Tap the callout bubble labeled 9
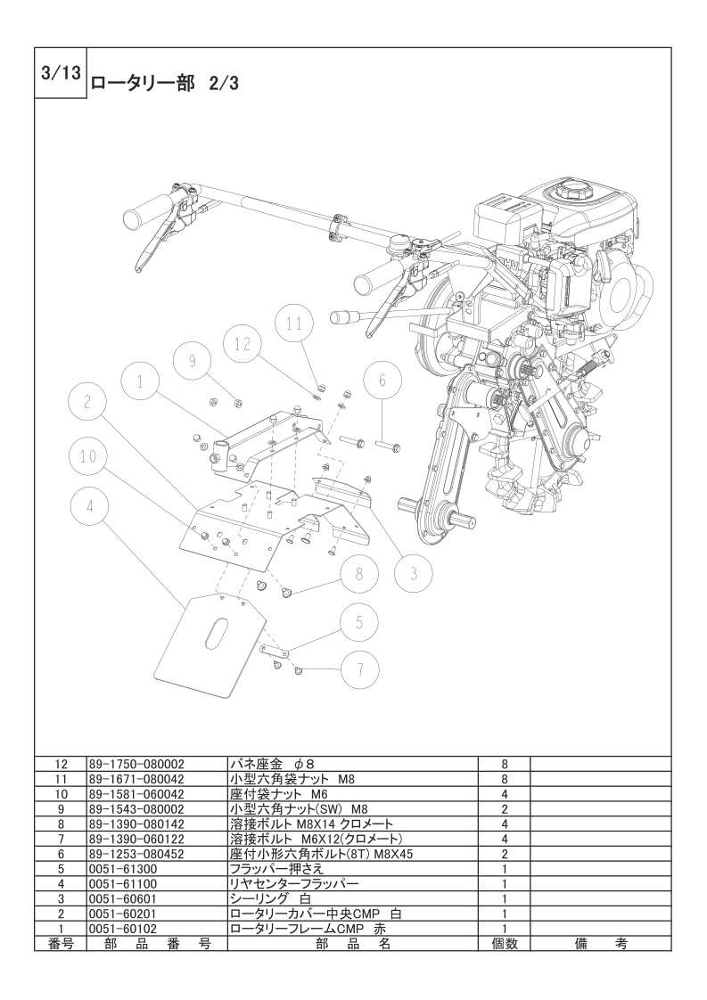click(x=192, y=360)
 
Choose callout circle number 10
click(x=87, y=456)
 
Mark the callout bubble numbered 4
click(x=88, y=508)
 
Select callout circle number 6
click(x=382, y=380)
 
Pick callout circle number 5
click(x=359, y=621)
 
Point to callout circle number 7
click(x=359, y=668)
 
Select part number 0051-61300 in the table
click(x=124, y=867)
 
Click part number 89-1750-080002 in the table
click(x=136, y=764)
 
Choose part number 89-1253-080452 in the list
click(x=136, y=853)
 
